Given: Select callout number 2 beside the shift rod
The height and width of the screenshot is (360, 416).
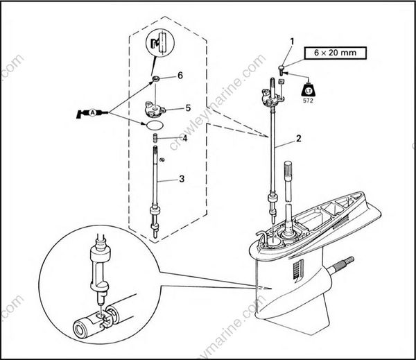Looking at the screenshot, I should pyautogui.click(x=297, y=139).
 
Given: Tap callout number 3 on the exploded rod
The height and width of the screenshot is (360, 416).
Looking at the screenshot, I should pyautogui.click(x=181, y=179).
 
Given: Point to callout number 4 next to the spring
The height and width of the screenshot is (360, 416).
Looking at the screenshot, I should pyautogui.click(x=184, y=137).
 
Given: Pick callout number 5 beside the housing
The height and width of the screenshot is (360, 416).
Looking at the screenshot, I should pyautogui.click(x=188, y=108).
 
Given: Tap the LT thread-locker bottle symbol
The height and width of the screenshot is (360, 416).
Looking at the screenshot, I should pyautogui.click(x=307, y=89).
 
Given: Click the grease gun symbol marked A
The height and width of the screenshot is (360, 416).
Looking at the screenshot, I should pyautogui.click(x=93, y=112).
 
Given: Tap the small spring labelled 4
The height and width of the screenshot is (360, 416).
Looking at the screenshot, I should pyautogui.click(x=157, y=139).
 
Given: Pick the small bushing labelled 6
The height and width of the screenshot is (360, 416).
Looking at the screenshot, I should pyautogui.click(x=159, y=80).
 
